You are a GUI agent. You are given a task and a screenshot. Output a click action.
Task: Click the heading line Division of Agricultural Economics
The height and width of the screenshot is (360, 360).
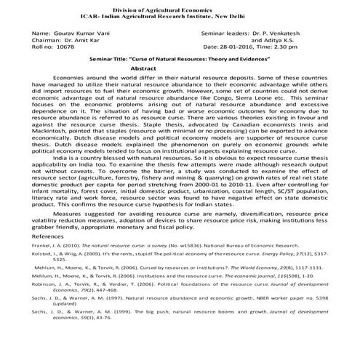180,7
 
